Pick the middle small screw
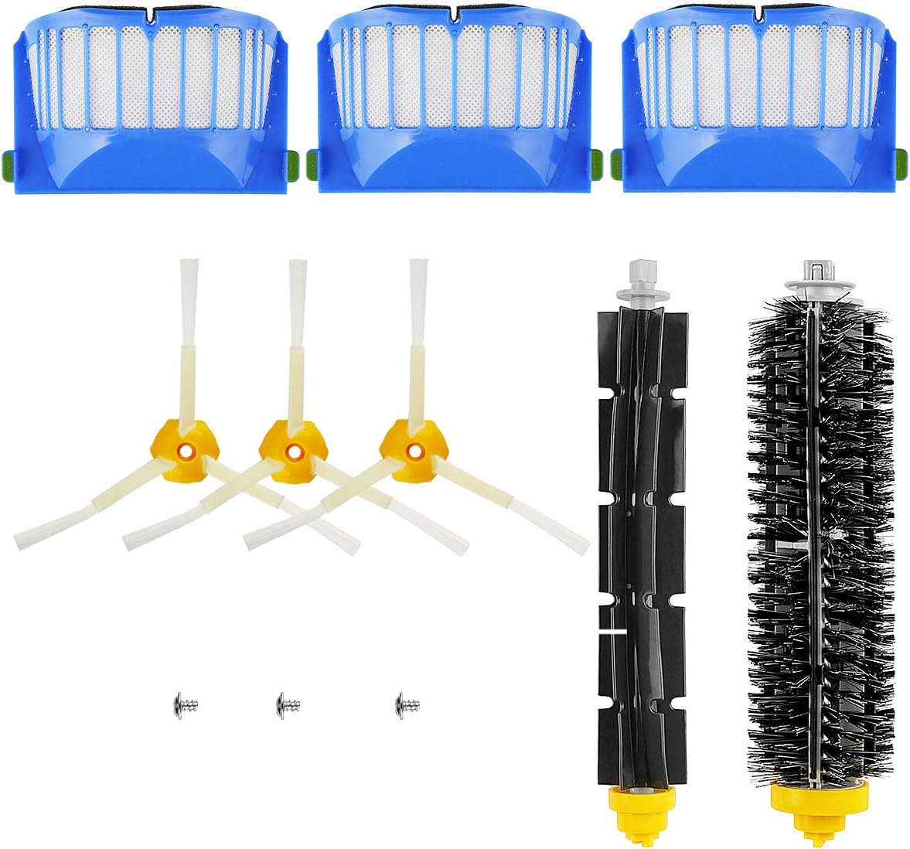(x=288, y=704)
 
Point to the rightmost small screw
(x=407, y=704)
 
